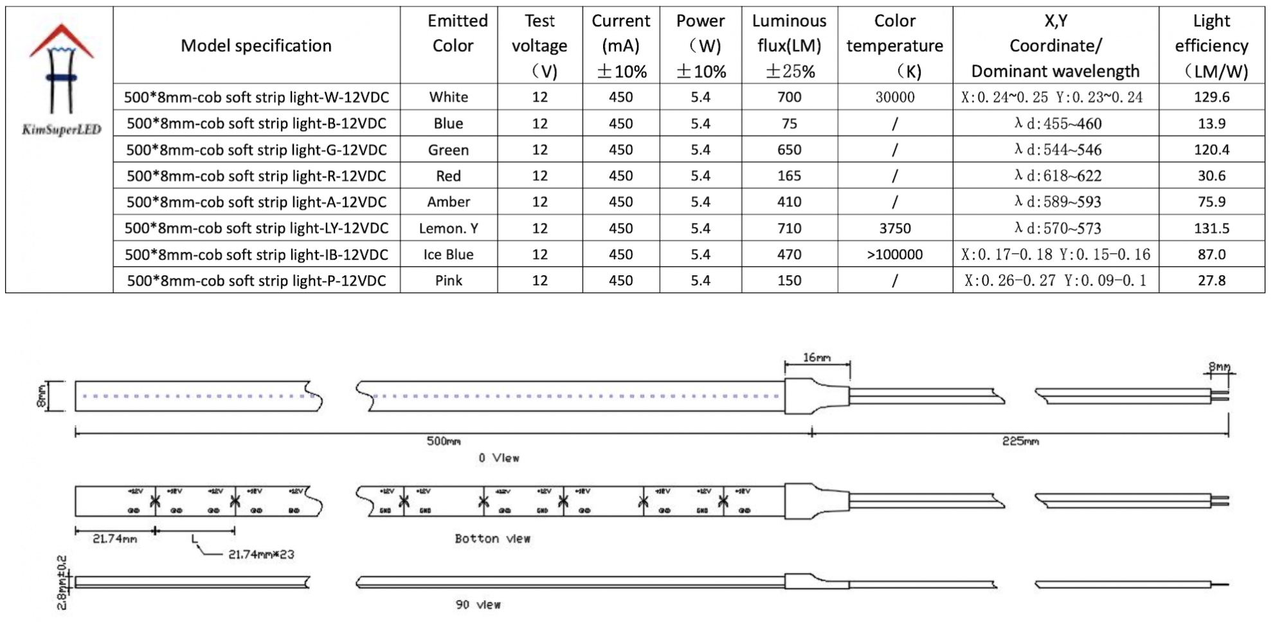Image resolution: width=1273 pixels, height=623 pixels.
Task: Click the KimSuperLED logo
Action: (61, 80)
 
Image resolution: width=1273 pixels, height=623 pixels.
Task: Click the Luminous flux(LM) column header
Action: (789, 45)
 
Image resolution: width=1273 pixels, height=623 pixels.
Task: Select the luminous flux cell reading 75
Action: (789, 123)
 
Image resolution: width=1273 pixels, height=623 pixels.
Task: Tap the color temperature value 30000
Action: (894, 97)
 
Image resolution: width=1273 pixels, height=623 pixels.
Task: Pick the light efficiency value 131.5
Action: (1211, 228)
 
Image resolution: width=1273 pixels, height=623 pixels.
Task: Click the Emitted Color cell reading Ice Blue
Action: (448, 255)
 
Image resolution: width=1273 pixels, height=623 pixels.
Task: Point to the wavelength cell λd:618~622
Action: (1058, 176)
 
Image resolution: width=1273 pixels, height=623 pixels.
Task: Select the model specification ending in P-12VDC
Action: (257, 281)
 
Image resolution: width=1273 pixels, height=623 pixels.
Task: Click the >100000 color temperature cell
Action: (894, 255)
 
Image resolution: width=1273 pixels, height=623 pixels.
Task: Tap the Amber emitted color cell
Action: (448, 202)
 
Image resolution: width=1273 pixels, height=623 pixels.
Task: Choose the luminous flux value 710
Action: (789, 228)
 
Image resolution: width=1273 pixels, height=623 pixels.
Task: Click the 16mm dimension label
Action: (817, 357)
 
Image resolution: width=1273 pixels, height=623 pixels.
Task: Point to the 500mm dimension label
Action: (444, 441)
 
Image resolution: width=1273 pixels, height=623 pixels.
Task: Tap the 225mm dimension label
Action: (1020, 441)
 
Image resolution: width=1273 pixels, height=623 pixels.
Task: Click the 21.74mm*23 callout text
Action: (261, 554)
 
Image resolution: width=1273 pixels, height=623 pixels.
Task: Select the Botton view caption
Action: (492, 539)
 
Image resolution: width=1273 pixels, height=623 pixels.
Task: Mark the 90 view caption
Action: (478, 604)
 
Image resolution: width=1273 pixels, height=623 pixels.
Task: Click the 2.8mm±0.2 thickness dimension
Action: (62, 582)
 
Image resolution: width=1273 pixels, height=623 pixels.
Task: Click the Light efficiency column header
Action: (1211, 45)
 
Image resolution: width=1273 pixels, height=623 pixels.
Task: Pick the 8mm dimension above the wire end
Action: (1219, 367)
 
